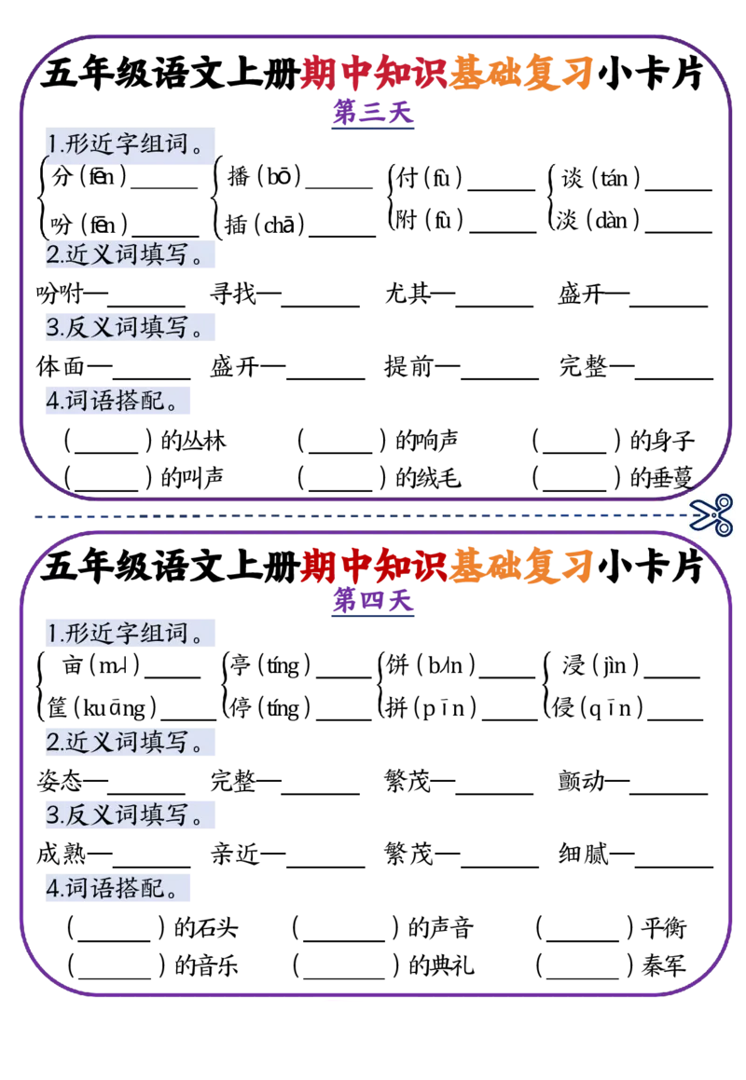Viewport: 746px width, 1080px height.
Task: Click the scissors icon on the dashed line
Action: (712, 514)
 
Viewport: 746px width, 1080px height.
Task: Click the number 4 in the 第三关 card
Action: (52, 401)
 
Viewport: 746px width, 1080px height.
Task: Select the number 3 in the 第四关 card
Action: (53, 817)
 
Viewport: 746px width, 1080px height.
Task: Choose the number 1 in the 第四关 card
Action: (52, 635)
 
